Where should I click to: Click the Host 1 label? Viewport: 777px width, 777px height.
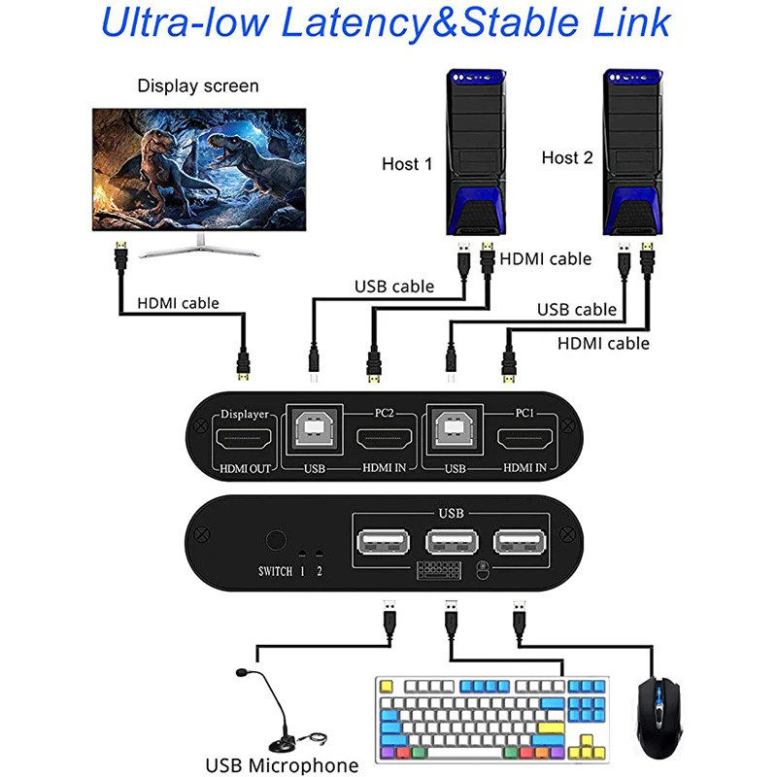(x=407, y=164)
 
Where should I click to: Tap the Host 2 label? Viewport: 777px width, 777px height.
(x=566, y=157)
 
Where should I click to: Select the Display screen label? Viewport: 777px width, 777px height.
(x=198, y=85)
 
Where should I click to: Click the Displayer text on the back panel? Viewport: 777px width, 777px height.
(x=244, y=414)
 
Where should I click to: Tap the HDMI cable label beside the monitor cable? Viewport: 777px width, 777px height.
(x=178, y=303)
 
